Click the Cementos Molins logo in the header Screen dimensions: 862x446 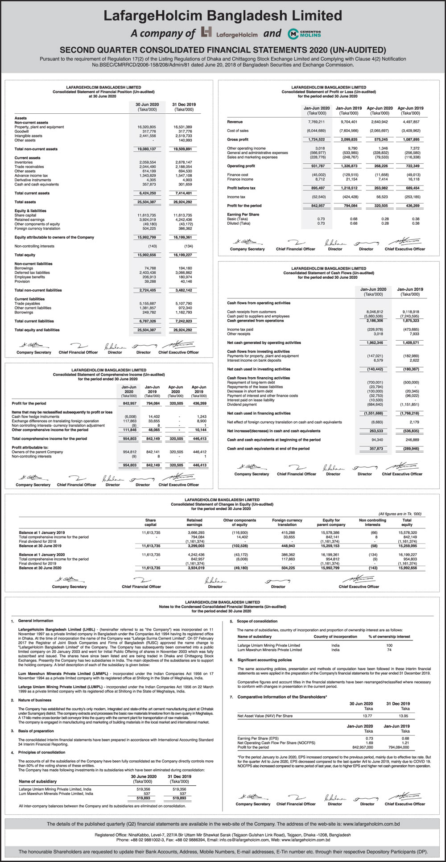coord(305,33)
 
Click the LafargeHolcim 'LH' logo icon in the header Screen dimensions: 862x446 coord(206,33)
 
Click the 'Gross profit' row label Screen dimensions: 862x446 coord(238,140)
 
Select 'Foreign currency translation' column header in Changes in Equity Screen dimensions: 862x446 coord(287,522)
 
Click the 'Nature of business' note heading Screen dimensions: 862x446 coord(34,700)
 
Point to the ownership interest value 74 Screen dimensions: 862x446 coord(389,650)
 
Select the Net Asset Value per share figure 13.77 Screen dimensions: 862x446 coord(368,716)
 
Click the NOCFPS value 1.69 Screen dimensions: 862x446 coord(369,743)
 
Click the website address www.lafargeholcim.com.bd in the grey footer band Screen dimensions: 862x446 coord(371,824)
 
